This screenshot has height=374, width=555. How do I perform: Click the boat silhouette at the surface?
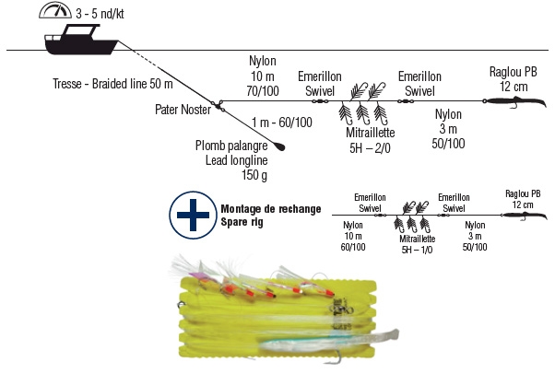(x=80, y=41)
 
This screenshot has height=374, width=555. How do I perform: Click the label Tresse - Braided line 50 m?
(x=108, y=85)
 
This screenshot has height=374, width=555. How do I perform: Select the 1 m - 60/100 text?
(x=281, y=122)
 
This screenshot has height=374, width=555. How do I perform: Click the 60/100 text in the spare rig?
(x=354, y=247)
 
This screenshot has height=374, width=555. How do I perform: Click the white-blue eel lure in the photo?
(x=341, y=340)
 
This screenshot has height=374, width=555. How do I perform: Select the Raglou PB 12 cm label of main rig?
(x=512, y=79)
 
